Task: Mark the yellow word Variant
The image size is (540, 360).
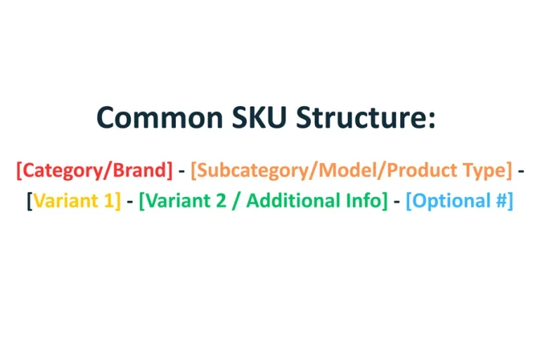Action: pyautogui.click(x=64, y=201)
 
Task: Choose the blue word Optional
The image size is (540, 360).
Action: pyautogui.click(x=449, y=201)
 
